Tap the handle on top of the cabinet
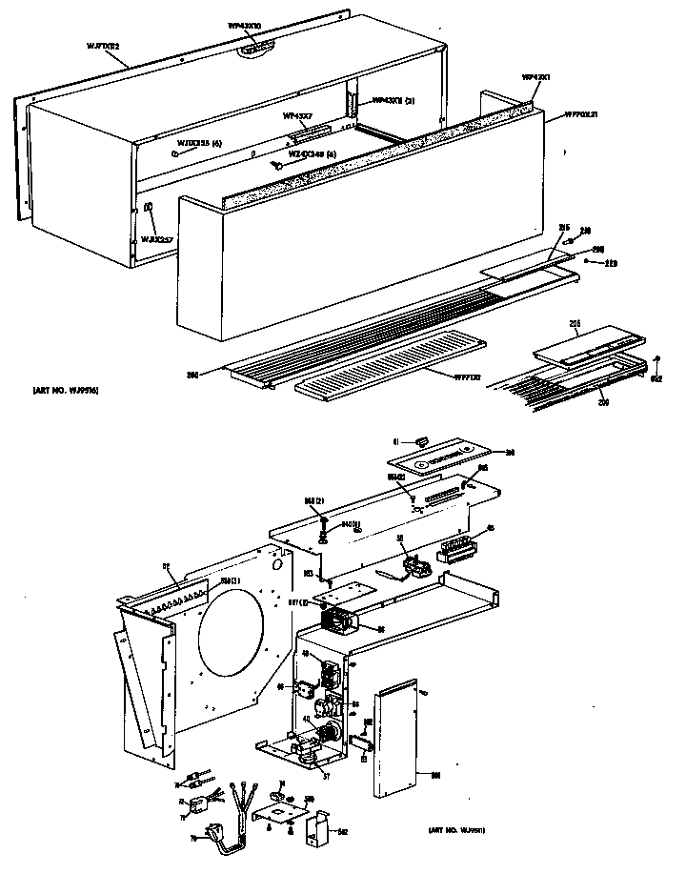click(x=257, y=48)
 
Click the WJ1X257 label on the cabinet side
click(x=156, y=238)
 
